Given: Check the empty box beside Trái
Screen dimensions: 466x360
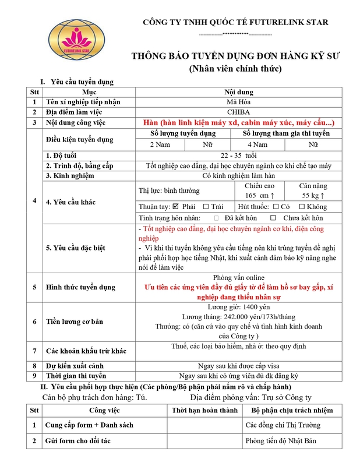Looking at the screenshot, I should click(206, 207).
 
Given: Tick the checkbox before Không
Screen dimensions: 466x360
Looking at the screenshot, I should click(301, 207).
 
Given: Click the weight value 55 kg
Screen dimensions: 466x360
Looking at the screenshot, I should click(313, 195).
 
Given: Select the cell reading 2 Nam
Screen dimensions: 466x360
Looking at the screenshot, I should click(160, 144).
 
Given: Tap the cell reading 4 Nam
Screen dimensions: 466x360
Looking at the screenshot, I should click(257, 144).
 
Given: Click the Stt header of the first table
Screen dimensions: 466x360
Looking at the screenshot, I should click(34, 92).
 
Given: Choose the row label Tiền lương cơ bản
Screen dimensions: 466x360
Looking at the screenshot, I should click(75, 322).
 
